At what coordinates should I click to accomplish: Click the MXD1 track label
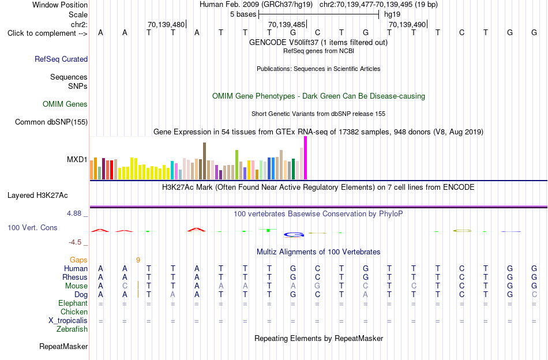[x=77, y=160]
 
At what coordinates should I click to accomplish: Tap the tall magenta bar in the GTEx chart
[x=306, y=158]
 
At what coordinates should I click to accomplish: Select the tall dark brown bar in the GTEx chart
[x=204, y=161]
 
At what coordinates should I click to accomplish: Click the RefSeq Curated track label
[x=61, y=59]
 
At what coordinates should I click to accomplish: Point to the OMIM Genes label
[x=65, y=104]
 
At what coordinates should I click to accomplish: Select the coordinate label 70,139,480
[x=166, y=24]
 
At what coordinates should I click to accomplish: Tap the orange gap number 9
[x=138, y=260]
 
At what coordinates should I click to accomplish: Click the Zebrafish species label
[x=72, y=329]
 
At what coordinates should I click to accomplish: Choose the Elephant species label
[x=73, y=303]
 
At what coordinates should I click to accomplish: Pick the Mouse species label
[x=76, y=286]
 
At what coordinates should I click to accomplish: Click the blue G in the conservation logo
[x=294, y=235]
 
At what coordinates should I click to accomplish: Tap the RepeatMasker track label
[x=63, y=346]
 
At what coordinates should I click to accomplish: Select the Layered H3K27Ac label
[x=37, y=196]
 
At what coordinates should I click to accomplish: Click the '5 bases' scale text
[x=243, y=14]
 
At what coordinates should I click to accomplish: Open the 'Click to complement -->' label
[x=47, y=33]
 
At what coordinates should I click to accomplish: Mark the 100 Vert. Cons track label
[x=32, y=227]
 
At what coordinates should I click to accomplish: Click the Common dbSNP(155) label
[x=51, y=122]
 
